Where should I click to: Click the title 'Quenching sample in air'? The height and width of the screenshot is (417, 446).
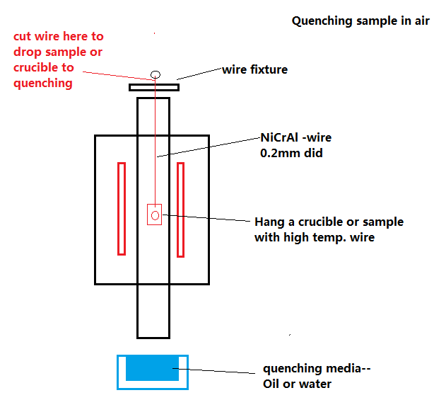[x=360, y=21]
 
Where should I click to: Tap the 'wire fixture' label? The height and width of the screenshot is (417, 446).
[x=255, y=69]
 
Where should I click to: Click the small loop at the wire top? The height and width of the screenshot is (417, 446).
[x=155, y=74]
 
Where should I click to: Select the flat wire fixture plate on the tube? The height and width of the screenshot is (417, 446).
[x=153, y=87]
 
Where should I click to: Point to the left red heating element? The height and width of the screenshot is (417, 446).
[x=122, y=208]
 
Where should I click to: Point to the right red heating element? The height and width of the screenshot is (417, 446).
[x=180, y=209]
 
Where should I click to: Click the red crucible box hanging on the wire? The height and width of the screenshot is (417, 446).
[x=154, y=214]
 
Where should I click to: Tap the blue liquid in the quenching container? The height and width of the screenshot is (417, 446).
[x=152, y=369]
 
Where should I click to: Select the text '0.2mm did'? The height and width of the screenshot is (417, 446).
[x=292, y=153]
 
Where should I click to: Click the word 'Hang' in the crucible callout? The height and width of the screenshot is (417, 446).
[x=271, y=222]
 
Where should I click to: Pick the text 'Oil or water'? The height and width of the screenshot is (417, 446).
[x=297, y=384]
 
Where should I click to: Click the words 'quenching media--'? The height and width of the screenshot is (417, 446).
[x=316, y=369]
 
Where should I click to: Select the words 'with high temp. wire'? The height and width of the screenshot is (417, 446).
[x=315, y=238]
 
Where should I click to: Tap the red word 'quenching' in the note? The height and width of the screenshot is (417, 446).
[x=43, y=83]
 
